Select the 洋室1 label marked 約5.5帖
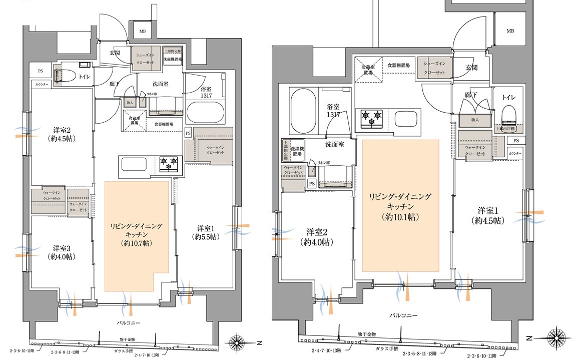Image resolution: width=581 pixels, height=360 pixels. pyautogui.click(x=206, y=231)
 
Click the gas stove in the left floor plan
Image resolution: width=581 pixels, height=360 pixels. pyautogui.click(x=168, y=163)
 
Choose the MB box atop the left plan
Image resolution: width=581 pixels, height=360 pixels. pyautogui.click(x=143, y=31)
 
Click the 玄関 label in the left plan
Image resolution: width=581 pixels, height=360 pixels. pyautogui.click(x=114, y=53)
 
